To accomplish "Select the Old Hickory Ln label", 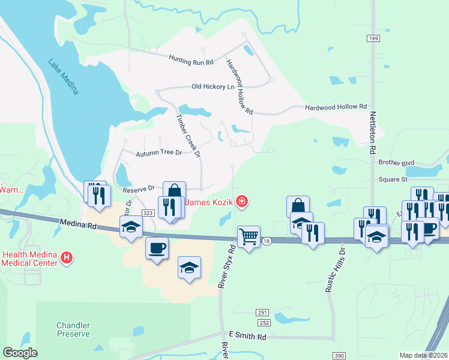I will [x=212, y=86].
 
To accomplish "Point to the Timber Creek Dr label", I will [x=187, y=136].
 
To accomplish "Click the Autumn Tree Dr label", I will [x=158, y=153].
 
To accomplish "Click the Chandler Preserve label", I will [x=73, y=329].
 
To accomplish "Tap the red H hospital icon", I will [x=67, y=259].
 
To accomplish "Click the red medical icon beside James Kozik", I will [x=241, y=202].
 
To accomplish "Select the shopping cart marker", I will [x=249, y=235].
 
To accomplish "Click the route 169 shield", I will [x=373, y=38].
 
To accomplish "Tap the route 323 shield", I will [x=148, y=213].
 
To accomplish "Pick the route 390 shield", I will [x=339, y=356].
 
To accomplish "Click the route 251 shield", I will [x=262, y=313].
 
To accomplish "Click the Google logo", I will [x=20, y=353].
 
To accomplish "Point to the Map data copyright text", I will [x=423, y=355].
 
